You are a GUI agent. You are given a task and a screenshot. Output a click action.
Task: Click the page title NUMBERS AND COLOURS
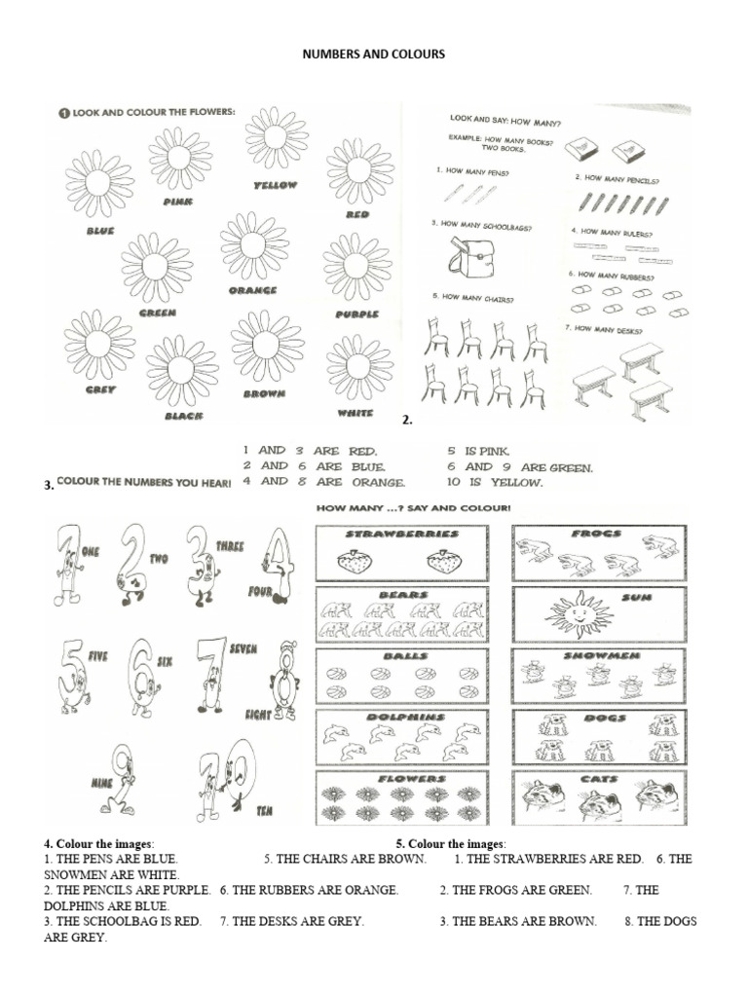374,55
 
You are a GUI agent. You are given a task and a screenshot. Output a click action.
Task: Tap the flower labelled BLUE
99,183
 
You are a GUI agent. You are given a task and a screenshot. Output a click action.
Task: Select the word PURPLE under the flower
356,314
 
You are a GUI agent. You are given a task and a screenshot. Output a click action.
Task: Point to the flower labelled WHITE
359,368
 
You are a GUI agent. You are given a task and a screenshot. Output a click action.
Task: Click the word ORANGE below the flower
253,290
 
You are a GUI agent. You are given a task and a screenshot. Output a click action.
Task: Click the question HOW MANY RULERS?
617,232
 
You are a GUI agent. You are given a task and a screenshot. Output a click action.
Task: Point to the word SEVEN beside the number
243,646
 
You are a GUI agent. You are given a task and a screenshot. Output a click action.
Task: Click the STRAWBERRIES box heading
401,535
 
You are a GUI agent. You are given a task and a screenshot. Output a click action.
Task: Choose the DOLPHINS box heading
401,717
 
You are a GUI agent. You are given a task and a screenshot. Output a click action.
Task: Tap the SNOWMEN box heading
599,657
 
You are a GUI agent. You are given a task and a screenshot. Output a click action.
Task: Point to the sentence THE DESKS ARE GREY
292,920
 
